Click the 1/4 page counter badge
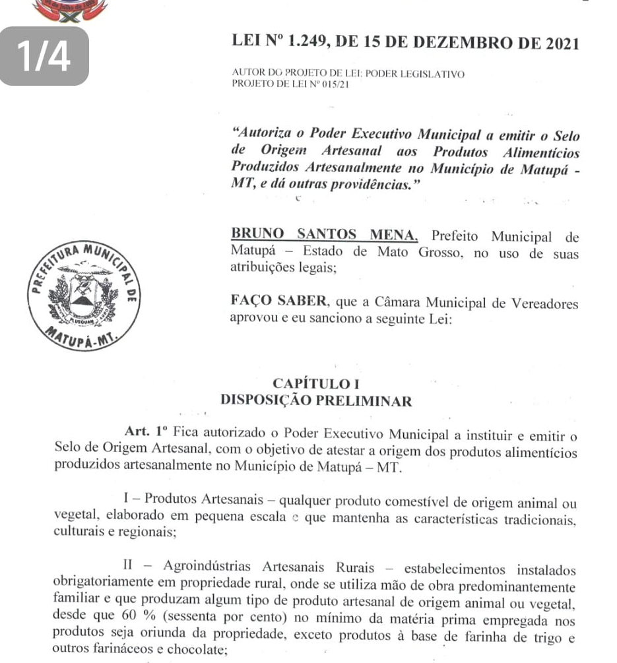(45, 57)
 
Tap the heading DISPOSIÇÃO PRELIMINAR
(316, 400)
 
